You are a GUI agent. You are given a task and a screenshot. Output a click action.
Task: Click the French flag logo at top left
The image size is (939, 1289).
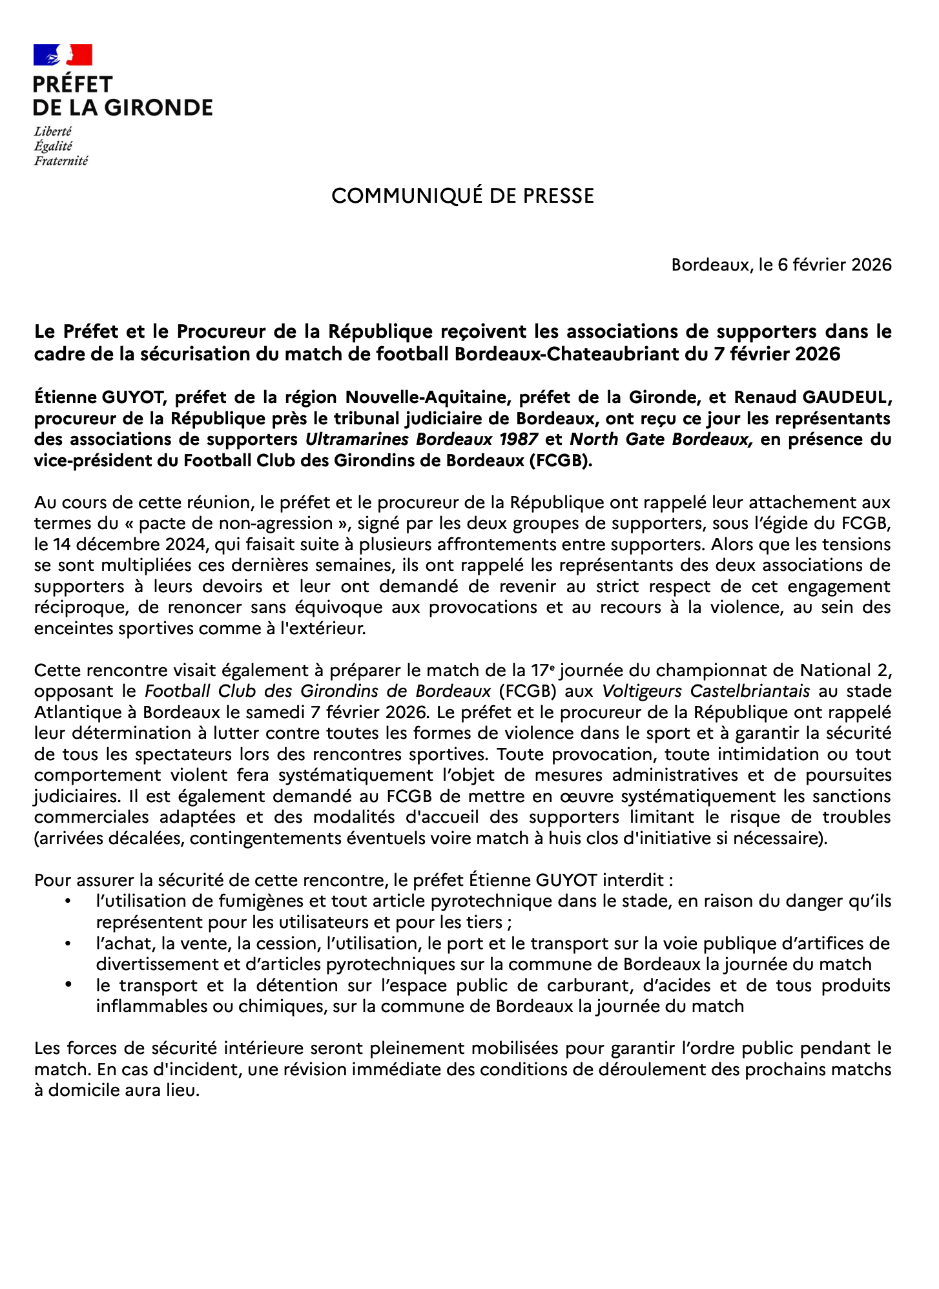[63, 55]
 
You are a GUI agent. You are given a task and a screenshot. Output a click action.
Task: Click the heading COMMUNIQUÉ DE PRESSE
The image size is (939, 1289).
[462, 196]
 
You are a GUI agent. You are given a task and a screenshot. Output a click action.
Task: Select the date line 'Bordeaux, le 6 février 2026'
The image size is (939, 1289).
[781, 265]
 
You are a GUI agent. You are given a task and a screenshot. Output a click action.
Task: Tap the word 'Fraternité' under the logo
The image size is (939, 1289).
[61, 161]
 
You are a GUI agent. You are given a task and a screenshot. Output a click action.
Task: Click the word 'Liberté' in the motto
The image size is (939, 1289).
[53, 131]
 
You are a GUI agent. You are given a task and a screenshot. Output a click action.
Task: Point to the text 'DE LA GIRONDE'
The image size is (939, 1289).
[123, 108]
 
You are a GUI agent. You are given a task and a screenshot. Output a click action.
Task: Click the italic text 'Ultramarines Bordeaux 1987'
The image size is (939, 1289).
[422, 440]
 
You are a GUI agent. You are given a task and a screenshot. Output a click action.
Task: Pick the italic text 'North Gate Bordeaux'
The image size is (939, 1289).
[660, 440]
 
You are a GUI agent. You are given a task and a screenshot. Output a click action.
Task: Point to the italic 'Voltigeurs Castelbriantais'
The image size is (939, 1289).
[706, 691]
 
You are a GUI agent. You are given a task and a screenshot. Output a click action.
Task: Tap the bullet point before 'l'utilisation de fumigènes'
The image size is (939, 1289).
[68, 901]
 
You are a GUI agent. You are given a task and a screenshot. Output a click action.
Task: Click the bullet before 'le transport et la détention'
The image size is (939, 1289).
[68, 985]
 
